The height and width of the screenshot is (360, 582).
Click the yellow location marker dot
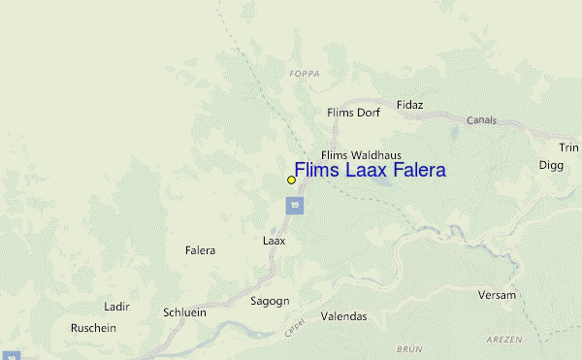point(291,180)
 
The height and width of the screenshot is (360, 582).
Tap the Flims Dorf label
point(353,112)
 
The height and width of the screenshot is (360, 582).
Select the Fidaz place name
point(410,105)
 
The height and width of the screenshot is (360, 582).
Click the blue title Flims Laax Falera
point(370,171)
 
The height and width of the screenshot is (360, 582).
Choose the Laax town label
point(275,239)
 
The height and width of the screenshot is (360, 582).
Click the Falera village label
point(200,250)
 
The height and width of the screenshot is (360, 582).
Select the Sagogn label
point(270,301)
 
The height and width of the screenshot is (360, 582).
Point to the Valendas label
point(343,316)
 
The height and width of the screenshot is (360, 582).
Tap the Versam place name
point(497,295)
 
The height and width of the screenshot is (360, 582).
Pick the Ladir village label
point(116,307)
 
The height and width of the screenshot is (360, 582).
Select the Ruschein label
point(93,328)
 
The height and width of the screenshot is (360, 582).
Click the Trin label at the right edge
point(568,147)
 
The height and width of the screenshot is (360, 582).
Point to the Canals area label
point(481,120)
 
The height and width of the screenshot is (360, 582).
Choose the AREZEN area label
point(504,339)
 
